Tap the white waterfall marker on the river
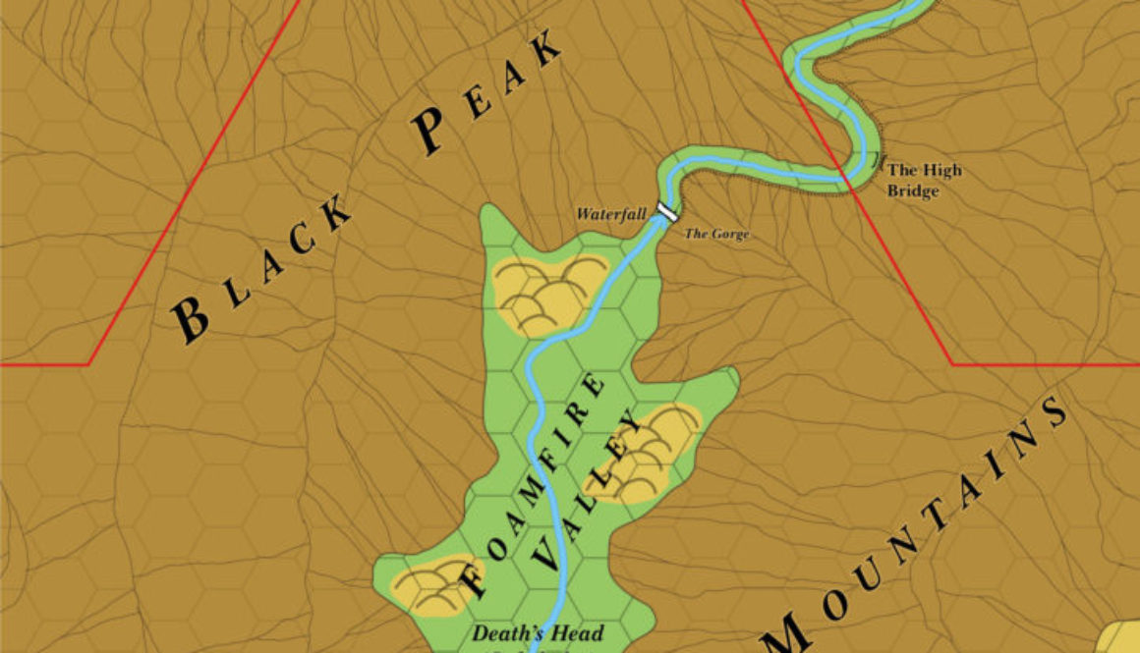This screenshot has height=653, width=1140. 668,211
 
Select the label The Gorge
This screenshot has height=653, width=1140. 716,234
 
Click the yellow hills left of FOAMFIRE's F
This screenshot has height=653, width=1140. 433,585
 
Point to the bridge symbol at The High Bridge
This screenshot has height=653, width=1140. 878,159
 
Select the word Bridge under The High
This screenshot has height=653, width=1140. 913,191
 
